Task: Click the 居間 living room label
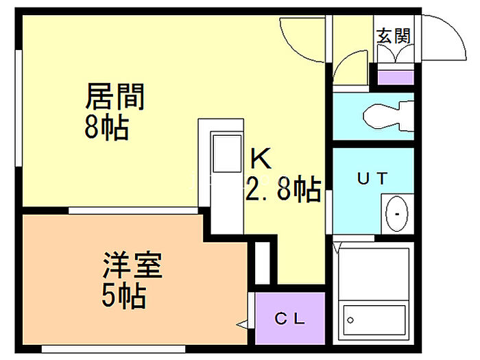pos(115,97)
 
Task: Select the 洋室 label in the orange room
pos(133,266)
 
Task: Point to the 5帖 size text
pos(123,296)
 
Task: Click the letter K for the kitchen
pos(261,160)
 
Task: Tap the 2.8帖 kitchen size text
pos(283,189)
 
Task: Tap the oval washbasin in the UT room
pos(396,213)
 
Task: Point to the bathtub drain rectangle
pos(350,320)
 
